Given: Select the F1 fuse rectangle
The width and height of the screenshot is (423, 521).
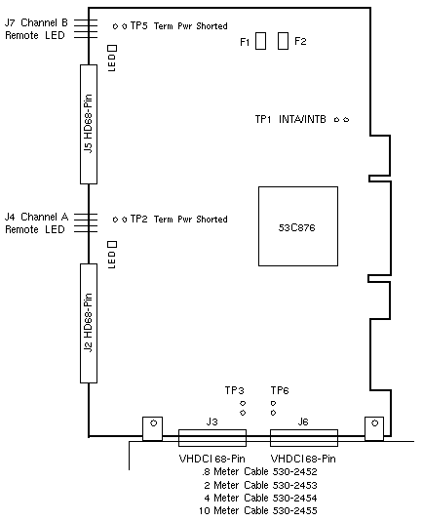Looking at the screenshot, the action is click(x=260, y=41).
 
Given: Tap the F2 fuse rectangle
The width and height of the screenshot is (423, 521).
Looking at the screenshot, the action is click(x=283, y=41).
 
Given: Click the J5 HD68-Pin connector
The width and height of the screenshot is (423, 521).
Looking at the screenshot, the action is click(x=89, y=124).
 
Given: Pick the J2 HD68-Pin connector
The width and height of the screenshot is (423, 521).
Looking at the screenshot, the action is click(x=89, y=323).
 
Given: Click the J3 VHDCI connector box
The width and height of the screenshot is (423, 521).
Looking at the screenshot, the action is click(x=212, y=438).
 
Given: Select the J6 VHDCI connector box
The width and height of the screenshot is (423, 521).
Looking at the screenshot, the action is click(x=304, y=438).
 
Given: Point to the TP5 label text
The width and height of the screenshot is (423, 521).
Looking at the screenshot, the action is click(x=138, y=25).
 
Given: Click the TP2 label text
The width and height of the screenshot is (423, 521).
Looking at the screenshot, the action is click(x=138, y=219).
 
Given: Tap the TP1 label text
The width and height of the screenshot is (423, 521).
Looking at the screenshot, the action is click(x=263, y=119).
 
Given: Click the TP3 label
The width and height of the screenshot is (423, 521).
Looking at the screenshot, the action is click(x=235, y=390).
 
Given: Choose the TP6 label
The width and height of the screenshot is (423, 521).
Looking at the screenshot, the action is click(x=280, y=390).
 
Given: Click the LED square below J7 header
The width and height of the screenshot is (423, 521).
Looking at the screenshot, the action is click(x=112, y=49).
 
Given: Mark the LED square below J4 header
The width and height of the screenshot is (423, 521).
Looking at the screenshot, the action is click(x=112, y=245).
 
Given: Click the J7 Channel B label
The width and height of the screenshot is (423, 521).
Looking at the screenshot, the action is click(x=36, y=22).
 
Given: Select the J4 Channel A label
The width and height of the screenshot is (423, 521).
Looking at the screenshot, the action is click(x=36, y=217).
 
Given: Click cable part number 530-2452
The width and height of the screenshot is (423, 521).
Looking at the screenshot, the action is click(x=295, y=472).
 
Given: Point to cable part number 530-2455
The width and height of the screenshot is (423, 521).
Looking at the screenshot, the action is click(x=295, y=510).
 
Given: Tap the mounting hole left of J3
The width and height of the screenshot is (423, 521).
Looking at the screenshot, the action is click(x=153, y=423).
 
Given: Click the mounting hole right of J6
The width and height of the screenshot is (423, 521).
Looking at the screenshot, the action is click(x=375, y=423).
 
